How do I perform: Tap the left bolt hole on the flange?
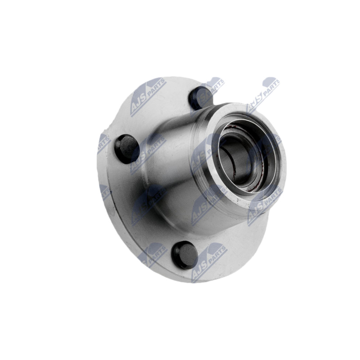pyautogui.click(x=126, y=148)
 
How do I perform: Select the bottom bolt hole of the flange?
pyautogui.click(x=185, y=255)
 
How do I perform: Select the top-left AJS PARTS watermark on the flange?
pyautogui.click(x=148, y=97)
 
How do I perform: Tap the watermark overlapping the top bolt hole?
pyautogui.click(x=208, y=94)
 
